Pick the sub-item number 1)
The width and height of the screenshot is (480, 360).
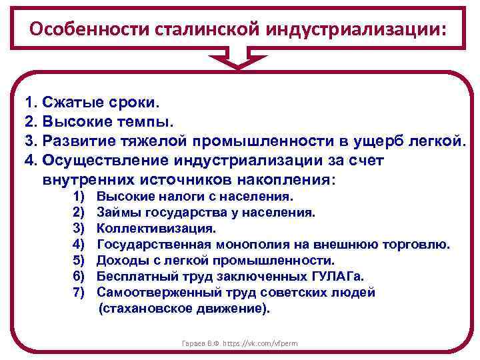78,196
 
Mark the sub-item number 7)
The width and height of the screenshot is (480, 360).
78,292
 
